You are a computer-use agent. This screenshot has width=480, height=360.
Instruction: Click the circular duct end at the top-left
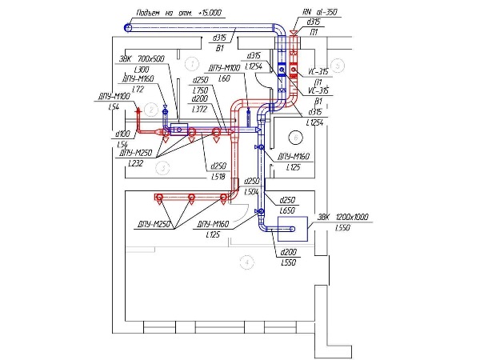tap(129, 28)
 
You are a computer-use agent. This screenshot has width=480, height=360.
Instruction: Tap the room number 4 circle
tap(247, 261)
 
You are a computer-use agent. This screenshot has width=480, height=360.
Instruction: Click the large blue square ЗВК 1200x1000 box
tap(289, 230)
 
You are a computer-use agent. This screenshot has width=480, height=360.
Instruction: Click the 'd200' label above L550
tap(289, 253)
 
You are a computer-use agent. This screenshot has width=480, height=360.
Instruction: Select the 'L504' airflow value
tap(251, 192)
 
